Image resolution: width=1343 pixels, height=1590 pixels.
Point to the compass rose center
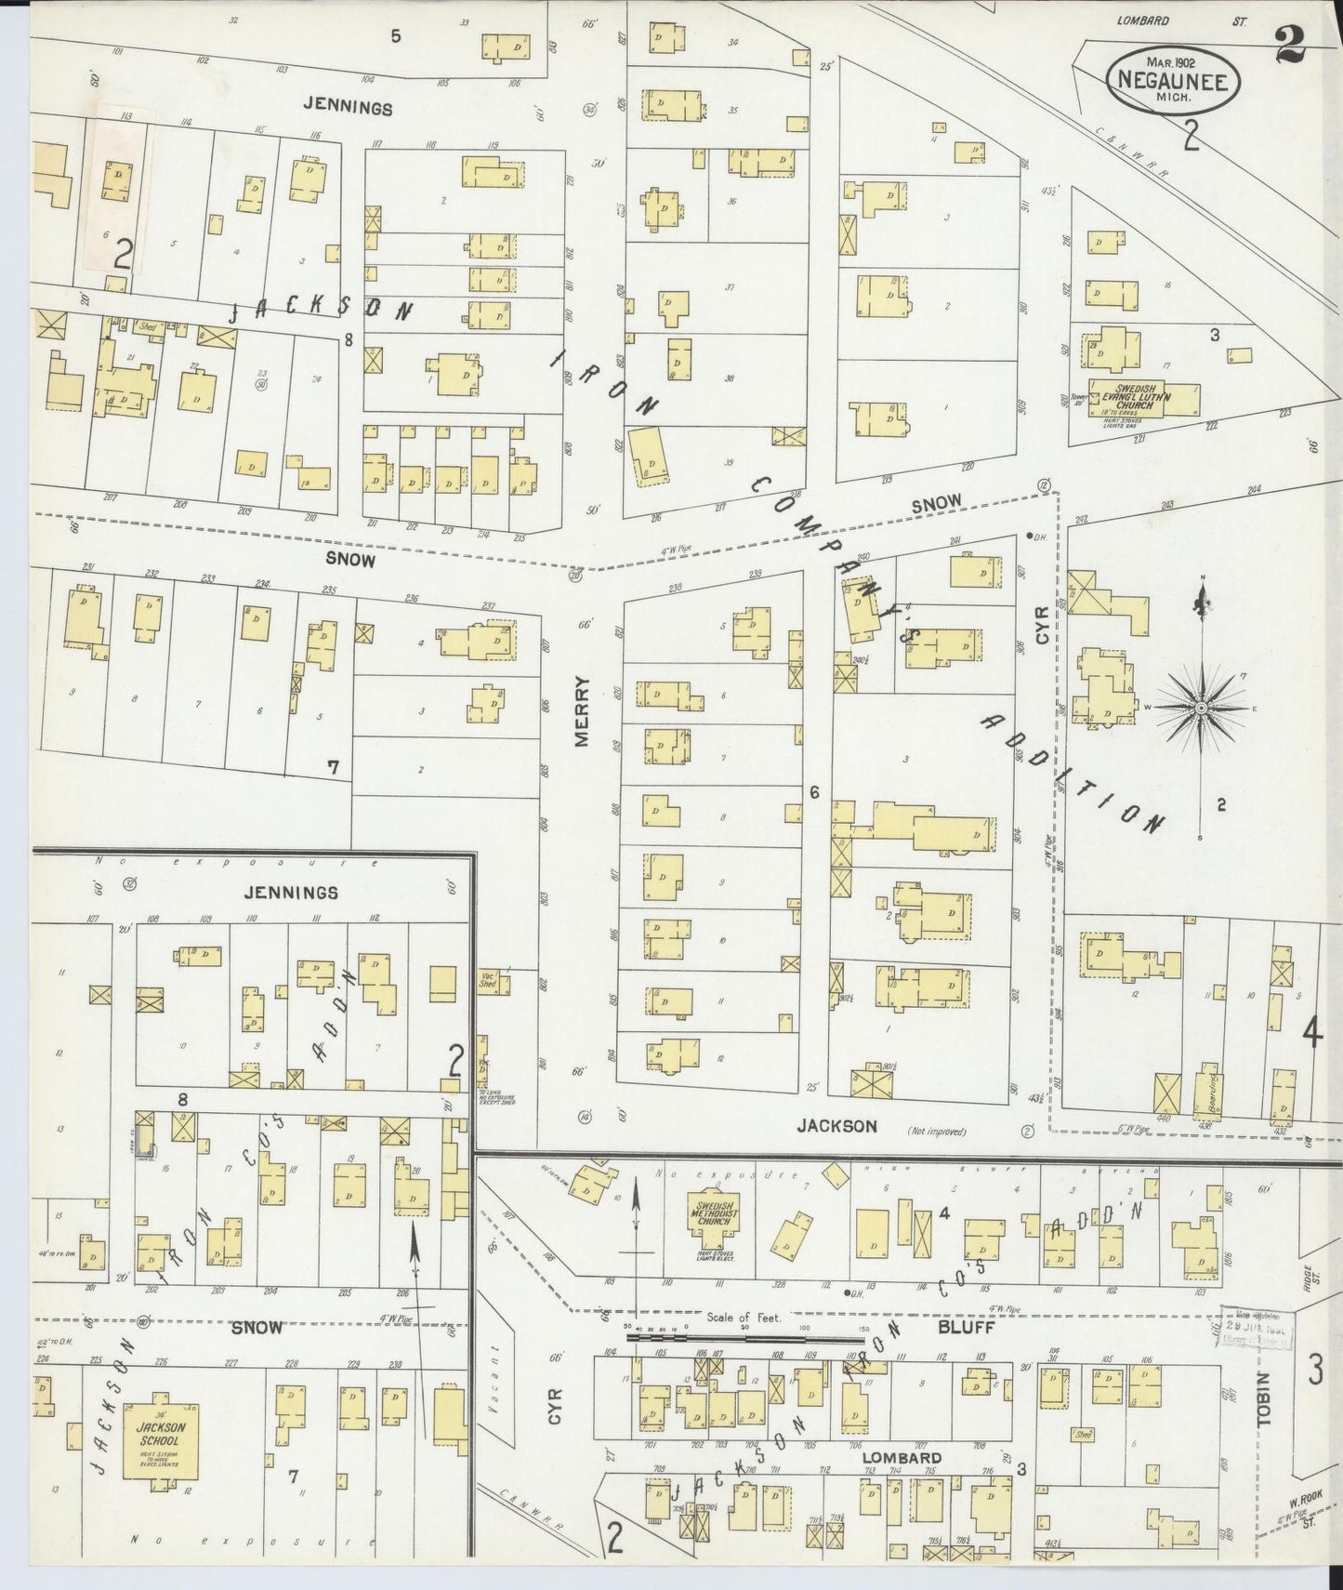(x=1201, y=708)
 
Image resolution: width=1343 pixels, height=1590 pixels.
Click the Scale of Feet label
(x=744, y=1318)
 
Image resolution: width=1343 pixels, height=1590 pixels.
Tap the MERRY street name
(x=583, y=710)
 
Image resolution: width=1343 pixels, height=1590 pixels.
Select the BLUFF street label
(x=967, y=1327)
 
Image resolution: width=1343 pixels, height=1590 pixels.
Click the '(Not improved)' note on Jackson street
(x=937, y=1132)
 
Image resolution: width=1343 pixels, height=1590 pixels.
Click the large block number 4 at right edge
(x=1312, y=1032)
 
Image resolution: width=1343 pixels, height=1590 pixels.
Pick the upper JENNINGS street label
(x=348, y=108)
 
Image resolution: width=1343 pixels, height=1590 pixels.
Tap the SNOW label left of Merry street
(x=350, y=560)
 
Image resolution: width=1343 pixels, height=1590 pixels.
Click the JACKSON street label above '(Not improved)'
(x=836, y=1125)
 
